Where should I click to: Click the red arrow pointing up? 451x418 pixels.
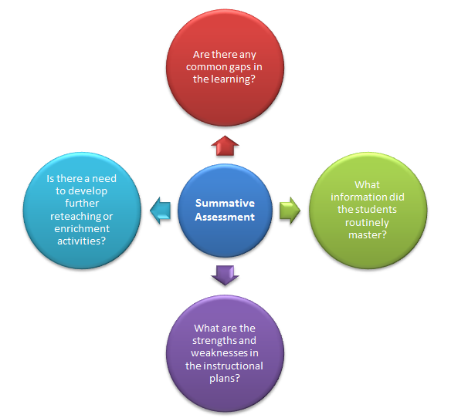[225, 144]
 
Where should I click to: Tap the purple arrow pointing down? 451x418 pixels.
[225, 274]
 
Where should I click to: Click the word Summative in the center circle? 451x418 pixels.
[225, 204]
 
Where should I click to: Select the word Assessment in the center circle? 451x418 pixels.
[225, 217]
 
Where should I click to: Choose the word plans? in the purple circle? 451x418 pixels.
[224, 378]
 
